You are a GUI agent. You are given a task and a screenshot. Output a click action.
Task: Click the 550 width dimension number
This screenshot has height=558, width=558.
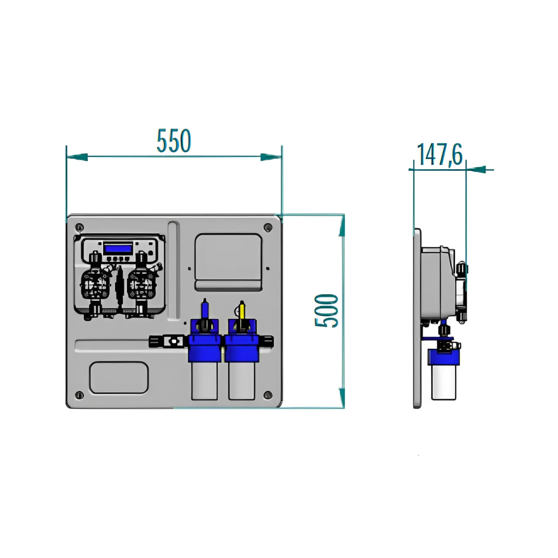(174, 140)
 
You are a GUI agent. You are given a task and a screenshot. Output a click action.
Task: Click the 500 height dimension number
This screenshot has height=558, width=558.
(327, 310)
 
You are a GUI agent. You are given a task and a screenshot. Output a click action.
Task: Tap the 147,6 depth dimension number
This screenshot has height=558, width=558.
(439, 155)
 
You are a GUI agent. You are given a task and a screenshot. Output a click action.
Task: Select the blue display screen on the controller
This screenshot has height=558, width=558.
(118, 248)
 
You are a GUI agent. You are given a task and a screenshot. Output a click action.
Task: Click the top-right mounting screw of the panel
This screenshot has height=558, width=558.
(268, 227)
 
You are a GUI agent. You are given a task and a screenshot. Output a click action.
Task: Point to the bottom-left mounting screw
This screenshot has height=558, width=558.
(79, 395)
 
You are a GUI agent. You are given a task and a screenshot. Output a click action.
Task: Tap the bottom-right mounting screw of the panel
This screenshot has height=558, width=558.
(268, 395)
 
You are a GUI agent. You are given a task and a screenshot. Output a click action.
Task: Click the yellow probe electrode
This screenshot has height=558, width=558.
(242, 311)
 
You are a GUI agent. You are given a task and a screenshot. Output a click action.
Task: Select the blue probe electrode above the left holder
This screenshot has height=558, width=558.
(205, 309)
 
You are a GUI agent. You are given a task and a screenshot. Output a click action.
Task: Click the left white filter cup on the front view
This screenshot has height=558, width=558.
(204, 381)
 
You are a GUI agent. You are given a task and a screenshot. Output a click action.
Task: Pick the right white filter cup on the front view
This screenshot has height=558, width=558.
(241, 381)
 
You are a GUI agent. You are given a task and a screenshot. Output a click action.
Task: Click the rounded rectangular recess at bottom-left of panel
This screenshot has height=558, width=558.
(119, 378)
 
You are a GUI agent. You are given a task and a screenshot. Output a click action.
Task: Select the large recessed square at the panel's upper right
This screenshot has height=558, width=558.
(228, 262)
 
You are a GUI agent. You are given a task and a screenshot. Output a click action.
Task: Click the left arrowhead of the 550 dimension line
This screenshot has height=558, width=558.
(77, 157)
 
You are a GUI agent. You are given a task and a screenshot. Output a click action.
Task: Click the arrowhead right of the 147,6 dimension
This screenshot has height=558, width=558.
(476, 170)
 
